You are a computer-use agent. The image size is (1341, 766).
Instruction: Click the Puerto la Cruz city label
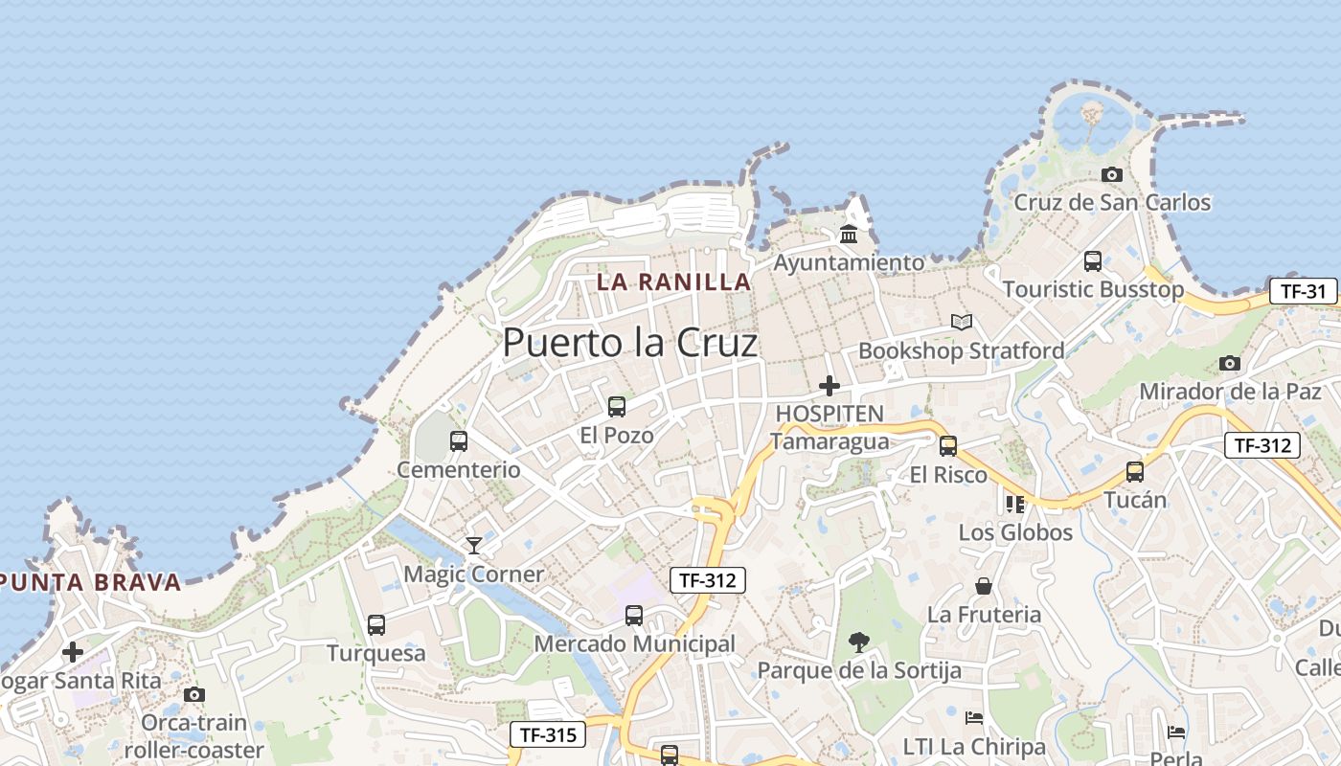pyautogui.click(x=629, y=343)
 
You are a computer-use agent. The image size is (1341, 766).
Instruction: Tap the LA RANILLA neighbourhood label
pyautogui.click(x=673, y=282)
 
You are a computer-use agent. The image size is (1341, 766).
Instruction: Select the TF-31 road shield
pyautogui.click(x=1303, y=292)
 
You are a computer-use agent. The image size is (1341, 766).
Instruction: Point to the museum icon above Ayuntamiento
pyautogui.click(x=849, y=234)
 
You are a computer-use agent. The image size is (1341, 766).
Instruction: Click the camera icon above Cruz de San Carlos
pyautogui.click(x=1112, y=174)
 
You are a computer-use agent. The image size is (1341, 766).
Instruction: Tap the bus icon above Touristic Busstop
pyautogui.click(x=1092, y=260)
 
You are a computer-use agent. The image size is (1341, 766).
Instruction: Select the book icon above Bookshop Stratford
pyautogui.click(x=961, y=323)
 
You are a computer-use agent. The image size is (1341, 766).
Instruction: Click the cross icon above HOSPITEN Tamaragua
pyautogui.click(x=830, y=386)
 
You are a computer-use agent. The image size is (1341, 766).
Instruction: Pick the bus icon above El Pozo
pyautogui.click(x=617, y=407)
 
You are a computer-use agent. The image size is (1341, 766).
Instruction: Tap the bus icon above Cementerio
pyautogui.click(x=459, y=441)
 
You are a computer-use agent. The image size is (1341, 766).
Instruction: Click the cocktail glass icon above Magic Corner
pyautogui.click(x=474, y=546)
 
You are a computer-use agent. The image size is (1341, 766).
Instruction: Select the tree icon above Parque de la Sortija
pyautogui.click(x=858, y=642)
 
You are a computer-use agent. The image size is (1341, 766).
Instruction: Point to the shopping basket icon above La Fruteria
pyautogui.click(x=983, y=586)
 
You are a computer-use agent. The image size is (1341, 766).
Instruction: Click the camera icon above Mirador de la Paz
pyautogui.click(x=1230, y=363)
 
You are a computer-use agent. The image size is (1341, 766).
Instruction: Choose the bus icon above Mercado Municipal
pyautogui.click(x=634, y=616)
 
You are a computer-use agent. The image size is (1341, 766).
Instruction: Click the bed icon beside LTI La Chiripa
pyautogui.click(x=974, y=717)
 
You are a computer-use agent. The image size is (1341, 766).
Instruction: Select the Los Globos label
pyautogui.click(x=1015, y=532)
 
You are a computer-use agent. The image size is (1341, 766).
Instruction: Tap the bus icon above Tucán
pyautogui.click(x=1135, y=471)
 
